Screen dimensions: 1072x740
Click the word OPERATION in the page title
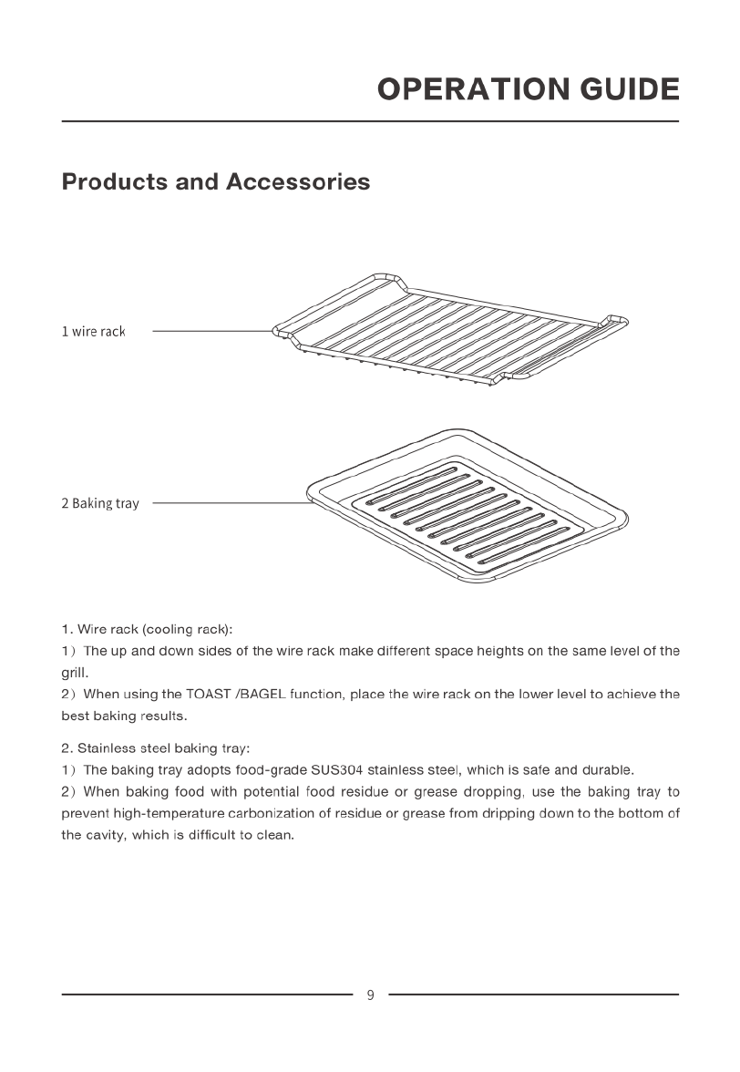tap(473, 89)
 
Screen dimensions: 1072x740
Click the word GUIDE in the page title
tap(629, 89)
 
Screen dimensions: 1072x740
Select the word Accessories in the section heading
tap(298, 181)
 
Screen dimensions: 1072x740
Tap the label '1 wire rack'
tap(93, 332)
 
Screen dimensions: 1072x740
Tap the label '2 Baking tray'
tap(100, 503)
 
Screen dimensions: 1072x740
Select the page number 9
tap(370, 995)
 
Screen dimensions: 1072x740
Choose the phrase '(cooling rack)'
tap(188, 629)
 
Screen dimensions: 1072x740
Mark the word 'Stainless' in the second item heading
tap(107, 748)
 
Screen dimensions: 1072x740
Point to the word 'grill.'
tap(75, 675)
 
